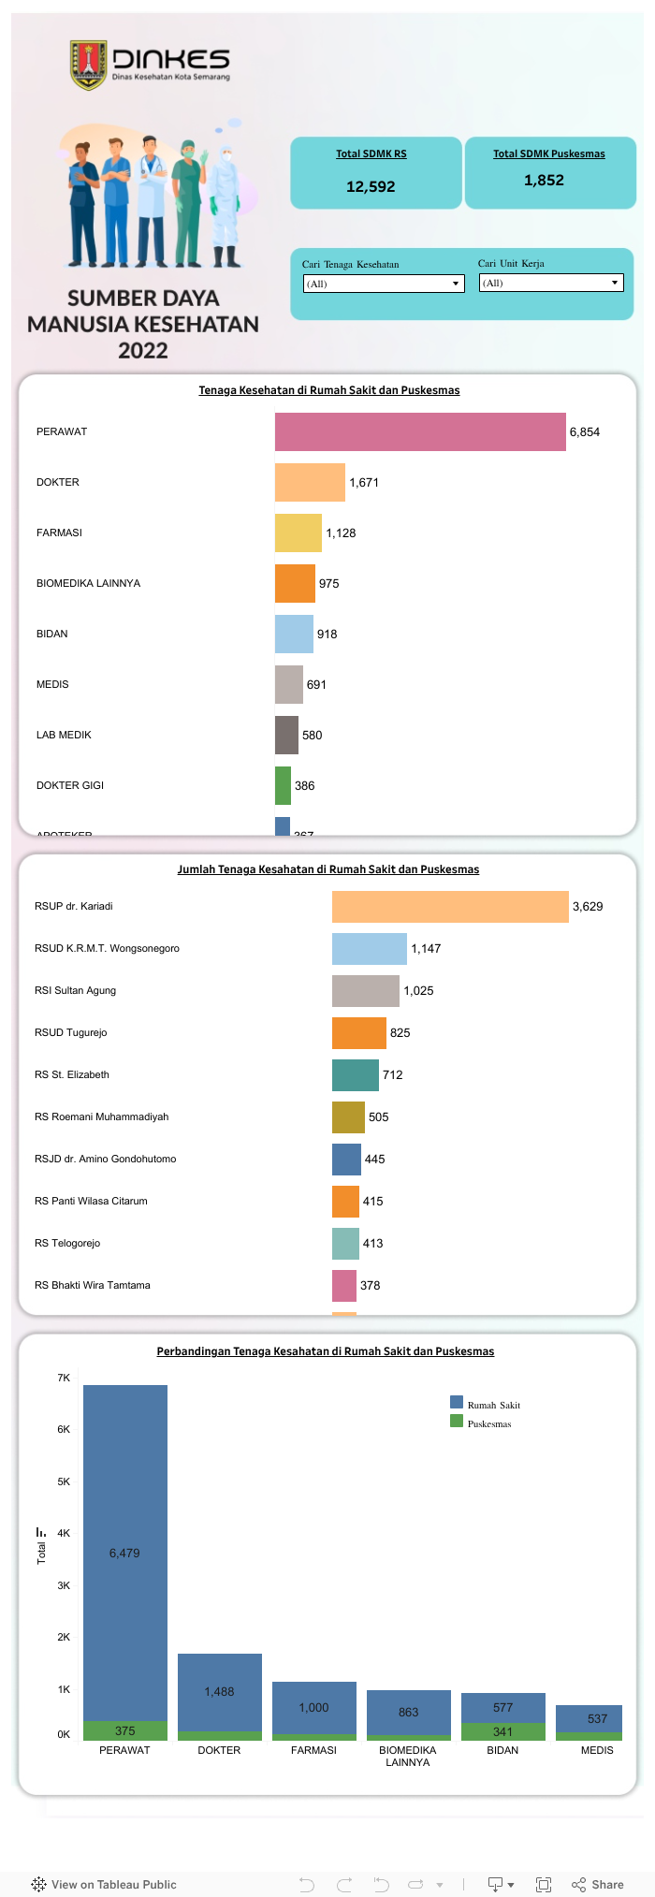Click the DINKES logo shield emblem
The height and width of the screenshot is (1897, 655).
click(89, 65)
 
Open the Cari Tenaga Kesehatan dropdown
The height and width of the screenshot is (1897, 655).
click(384, 284)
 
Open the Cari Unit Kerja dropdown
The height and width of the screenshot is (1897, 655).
click(551, 283)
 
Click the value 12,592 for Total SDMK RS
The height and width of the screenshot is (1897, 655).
click(371, 186)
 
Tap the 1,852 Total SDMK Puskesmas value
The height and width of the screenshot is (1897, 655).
click(544, 180)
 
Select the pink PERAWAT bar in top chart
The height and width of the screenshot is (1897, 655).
click(420, 431)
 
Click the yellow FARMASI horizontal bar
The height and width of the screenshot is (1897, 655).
click(298, 533)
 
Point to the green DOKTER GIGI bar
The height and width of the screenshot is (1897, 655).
click(283, 785)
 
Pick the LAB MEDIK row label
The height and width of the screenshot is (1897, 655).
click(64, 735)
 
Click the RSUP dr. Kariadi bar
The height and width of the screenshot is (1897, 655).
click(450, 906)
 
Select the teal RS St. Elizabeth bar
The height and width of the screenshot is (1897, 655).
click(355, 1074)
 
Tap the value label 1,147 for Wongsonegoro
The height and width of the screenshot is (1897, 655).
click(426, 948)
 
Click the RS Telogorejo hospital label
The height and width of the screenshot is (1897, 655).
click(67, 1243)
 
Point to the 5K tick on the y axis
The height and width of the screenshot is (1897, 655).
click(64, 1481)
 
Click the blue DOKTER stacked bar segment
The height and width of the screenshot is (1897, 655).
click(220, 1691)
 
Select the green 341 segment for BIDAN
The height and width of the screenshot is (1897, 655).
click(503, 1731)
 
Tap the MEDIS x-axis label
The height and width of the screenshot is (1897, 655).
click(597, 1750)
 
